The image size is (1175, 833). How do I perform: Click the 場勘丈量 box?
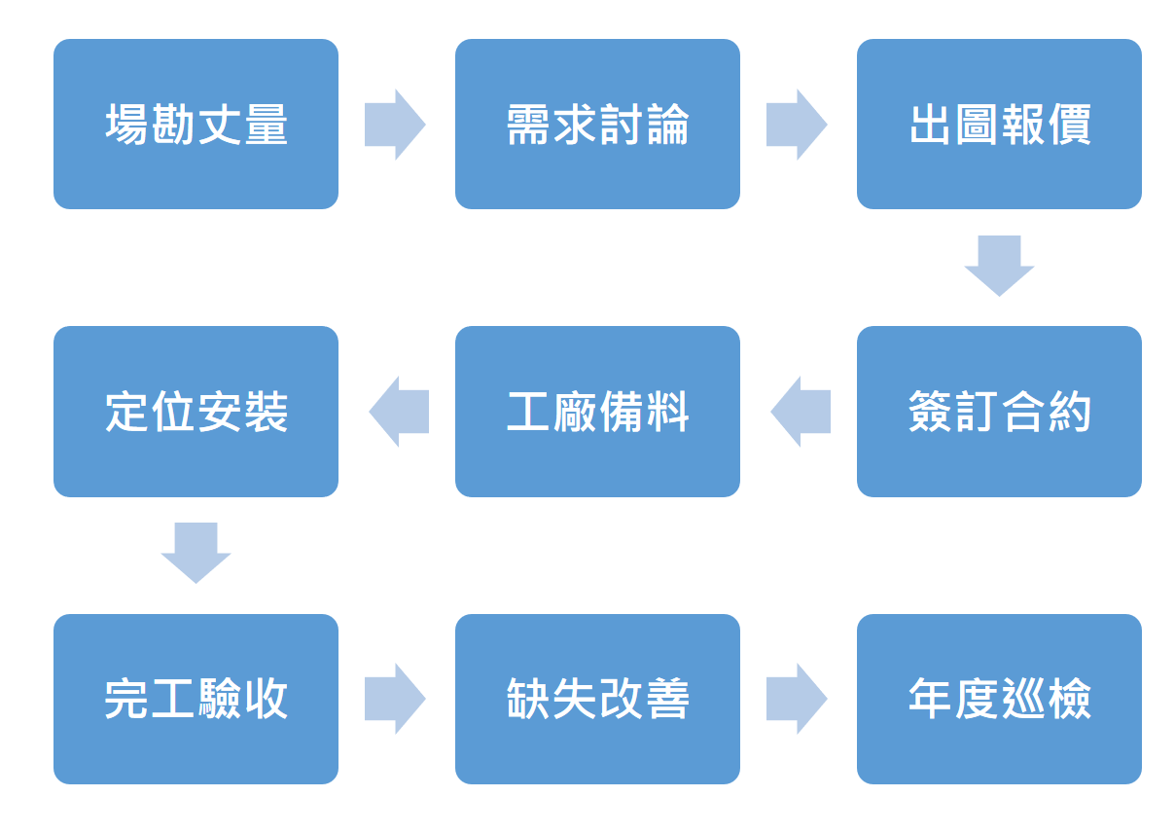point(196,125)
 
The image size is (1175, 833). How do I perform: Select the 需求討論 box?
point(597,125)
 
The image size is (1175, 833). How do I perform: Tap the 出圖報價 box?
point(999,125)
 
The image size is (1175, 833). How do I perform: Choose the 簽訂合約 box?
point(999,412)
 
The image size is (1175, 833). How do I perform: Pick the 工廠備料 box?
point(597,412)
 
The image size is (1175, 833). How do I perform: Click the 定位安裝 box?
point(196,412)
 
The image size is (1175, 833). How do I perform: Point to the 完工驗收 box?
point(196,699)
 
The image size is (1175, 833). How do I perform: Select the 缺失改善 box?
point(597,699)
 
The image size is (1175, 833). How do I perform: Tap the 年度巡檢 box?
point(999,699)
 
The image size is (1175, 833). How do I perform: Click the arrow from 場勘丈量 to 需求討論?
point(395,125)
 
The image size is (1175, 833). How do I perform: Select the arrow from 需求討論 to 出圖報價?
point(797,125)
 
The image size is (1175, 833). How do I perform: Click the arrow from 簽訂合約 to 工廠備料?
point(801,412)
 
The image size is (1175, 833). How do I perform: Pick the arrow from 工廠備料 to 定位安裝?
point(399,412)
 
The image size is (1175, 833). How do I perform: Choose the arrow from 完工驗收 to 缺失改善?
point(395,699)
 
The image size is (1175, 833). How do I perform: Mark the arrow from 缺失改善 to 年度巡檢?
point(797,699)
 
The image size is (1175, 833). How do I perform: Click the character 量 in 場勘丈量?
point(266,126)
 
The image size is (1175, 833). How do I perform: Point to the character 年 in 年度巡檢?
point(930,699)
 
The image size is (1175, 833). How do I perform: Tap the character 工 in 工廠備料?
point(528,413)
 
